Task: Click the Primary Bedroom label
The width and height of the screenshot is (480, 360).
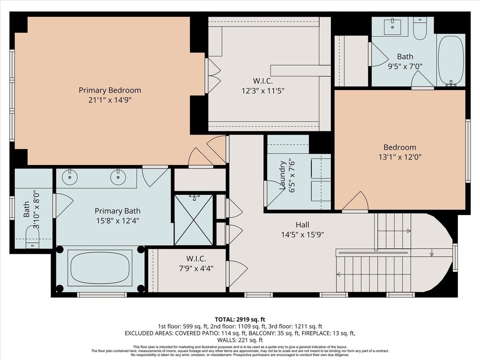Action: [x=110, y=90]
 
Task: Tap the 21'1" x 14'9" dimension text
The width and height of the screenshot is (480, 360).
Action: [x=110, y=100]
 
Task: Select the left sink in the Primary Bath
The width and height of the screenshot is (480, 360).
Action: [x=70, y=177]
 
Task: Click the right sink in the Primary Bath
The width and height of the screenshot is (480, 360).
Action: [x=118, y=177]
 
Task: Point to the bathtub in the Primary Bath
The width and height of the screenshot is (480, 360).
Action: [x=100, y=268]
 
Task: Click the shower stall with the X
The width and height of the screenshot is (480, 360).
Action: [x=194, y=219]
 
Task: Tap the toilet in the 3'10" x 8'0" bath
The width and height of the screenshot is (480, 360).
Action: [x=32, y=237]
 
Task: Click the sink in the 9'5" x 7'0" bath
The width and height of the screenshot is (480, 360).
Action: [x=392, y=26]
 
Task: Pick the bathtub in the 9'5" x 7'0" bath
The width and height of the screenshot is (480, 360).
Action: [x=451, y=60]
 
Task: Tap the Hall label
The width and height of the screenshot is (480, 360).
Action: [x=302, y=225]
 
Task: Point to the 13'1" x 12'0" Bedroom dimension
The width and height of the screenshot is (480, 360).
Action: [x=400, y=157]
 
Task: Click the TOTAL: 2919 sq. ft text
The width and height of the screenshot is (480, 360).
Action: [x=240, y=320]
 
